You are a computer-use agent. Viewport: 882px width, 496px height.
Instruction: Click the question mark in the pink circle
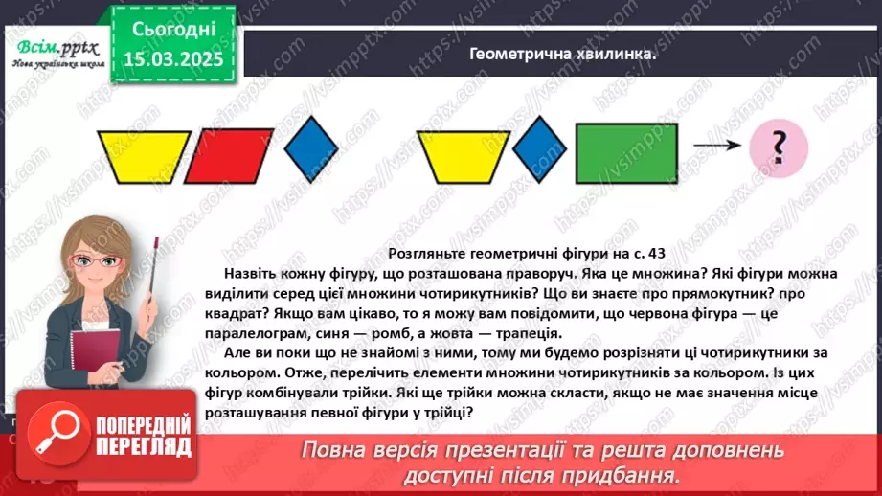tap(779, 148)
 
